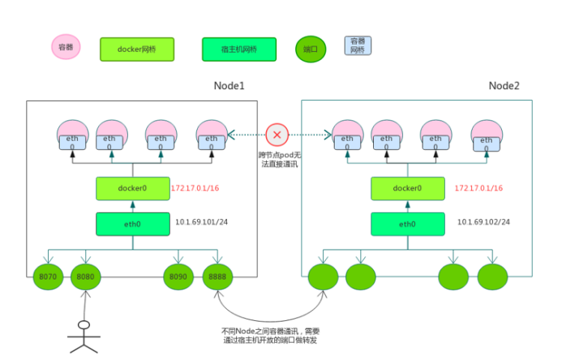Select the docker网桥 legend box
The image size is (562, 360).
click(136, 49)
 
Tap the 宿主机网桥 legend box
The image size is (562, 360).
click(239, 49)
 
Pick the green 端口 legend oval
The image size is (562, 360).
click(310, 49)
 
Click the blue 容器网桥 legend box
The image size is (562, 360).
click(357, 45)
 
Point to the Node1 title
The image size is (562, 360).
click(230, 86)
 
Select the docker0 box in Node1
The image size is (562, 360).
click(131, 188)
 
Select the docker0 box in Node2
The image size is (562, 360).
click(407, 188)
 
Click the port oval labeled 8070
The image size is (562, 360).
click(48, 276)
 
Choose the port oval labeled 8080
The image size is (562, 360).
click(85, 276)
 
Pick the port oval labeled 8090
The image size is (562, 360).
click(178, 276)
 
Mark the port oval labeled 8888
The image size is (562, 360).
click(217, 276)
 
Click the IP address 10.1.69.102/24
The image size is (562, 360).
click(483, 221)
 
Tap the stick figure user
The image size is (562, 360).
click(82, 336)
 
